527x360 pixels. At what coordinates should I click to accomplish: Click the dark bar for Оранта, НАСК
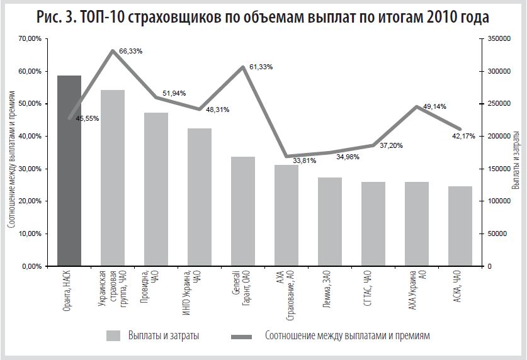click(x=69, y=171)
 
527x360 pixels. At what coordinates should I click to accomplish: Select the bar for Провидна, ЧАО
click(x=156, y=189)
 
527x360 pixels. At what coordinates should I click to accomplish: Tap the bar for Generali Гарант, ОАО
click(x=243, y=211)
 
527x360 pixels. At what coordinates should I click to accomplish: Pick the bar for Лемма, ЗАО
click(x=330, y=222)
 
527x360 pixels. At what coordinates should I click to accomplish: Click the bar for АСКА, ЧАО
click(x=460, y=226)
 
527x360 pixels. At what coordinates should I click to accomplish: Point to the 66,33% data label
click(x=130, y=51)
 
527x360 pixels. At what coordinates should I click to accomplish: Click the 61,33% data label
click(x=261, y=67)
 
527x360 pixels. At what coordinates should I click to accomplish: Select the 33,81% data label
click(x=305, y=160)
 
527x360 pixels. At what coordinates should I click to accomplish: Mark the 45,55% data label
click(x=88, y=118)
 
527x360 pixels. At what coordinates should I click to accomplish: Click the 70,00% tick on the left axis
click(x=30, y=39)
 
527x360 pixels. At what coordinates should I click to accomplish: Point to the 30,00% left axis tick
click(x=30, y=169)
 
